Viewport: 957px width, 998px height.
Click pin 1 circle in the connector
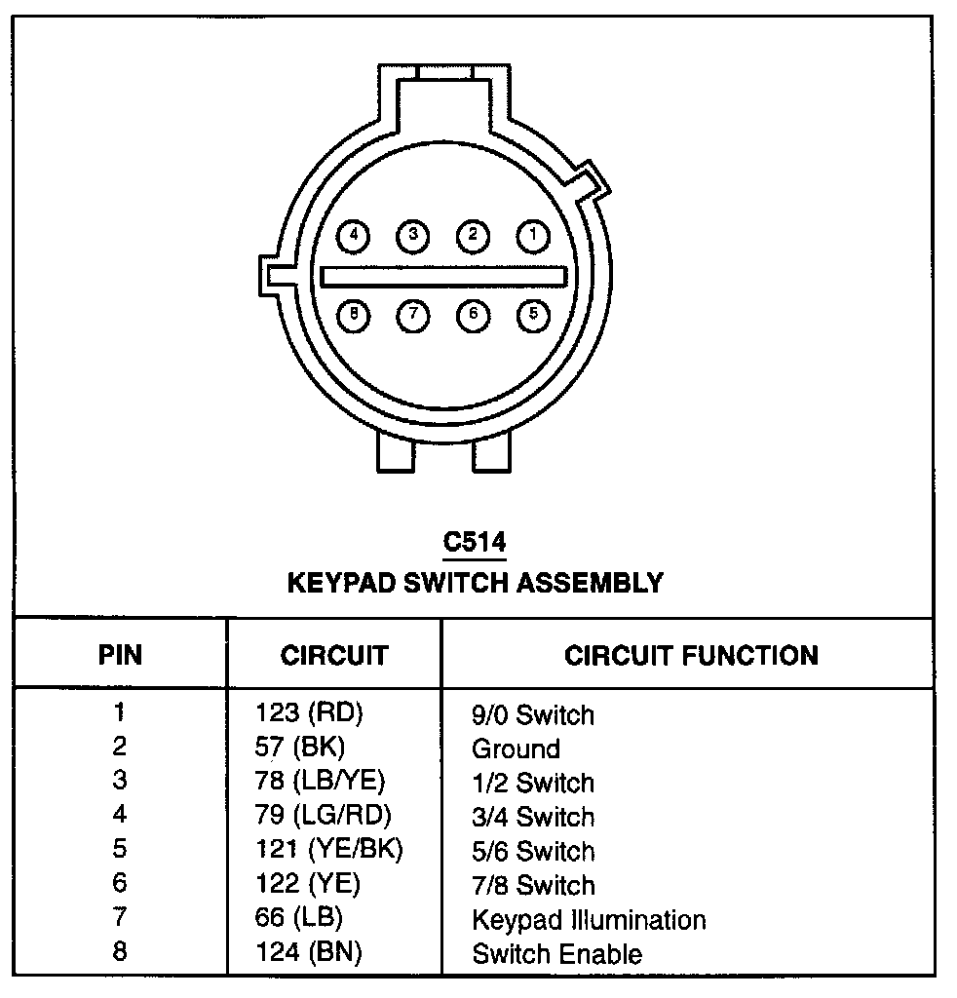pos(532,235)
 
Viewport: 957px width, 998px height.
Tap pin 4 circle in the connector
pos(354,235)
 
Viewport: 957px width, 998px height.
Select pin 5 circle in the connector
pos(532,315)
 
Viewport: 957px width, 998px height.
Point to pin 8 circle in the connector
pos(354,315)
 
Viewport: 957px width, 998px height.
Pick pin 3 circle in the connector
pos(413,235)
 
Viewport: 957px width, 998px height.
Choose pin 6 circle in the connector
pos(473,315)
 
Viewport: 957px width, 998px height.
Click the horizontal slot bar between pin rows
pos(443,277)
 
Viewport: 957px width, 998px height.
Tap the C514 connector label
pos(475,543)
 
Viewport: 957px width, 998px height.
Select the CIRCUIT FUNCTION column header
pos(691,655)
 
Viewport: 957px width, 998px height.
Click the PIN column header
pos(120,655)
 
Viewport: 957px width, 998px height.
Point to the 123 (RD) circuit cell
pos(308,713)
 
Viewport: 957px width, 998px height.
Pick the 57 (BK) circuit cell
pos(299,748)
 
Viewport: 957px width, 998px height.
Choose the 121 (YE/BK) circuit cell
pos(328,850)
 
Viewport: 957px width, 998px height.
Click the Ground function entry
pos(516,748)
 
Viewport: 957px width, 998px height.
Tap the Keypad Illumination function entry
pos(589,919)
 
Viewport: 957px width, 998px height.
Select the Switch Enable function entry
pos(556,953)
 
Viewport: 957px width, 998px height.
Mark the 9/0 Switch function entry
pos(532,714)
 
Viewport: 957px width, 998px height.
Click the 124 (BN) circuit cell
pos(308,952)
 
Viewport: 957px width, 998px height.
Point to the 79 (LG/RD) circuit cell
pos(328,816)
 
